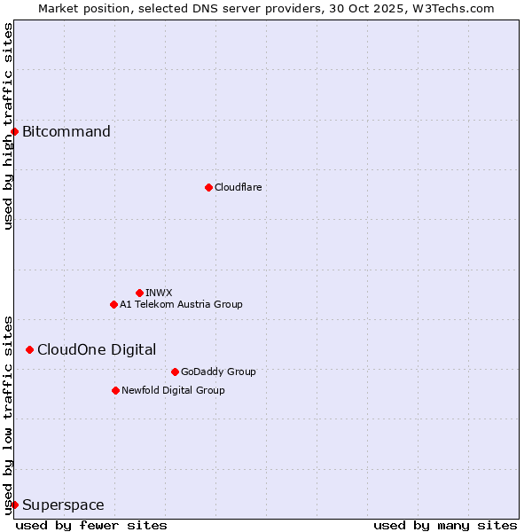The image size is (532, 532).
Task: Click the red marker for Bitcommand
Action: (14, 132)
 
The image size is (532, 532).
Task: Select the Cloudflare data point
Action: (208, 187)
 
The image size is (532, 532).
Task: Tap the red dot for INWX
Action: (139, 293)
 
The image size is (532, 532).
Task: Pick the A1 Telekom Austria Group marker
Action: (113, 304)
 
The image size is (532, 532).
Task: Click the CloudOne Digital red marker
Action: (29, 349)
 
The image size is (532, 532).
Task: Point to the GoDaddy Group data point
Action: (175, 372)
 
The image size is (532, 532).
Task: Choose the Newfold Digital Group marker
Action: (115, 390)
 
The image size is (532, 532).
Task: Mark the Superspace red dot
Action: (14, 505)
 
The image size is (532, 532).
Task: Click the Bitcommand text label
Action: (66, 132)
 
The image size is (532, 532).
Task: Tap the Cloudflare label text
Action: (238, 187)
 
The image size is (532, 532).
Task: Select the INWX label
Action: (159, 293)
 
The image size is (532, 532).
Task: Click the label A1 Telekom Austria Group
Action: (181, 304)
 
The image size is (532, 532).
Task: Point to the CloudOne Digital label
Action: (97, 349)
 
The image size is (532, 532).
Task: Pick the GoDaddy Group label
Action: (218, 372)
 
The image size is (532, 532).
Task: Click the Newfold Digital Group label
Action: (173, 390)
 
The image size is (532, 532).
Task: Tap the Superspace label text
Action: (63, 505)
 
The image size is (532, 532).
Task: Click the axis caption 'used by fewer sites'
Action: (91, 526)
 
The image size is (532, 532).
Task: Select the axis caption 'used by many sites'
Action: (445, 526)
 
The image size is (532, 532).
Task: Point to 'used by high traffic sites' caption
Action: (8, 126)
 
